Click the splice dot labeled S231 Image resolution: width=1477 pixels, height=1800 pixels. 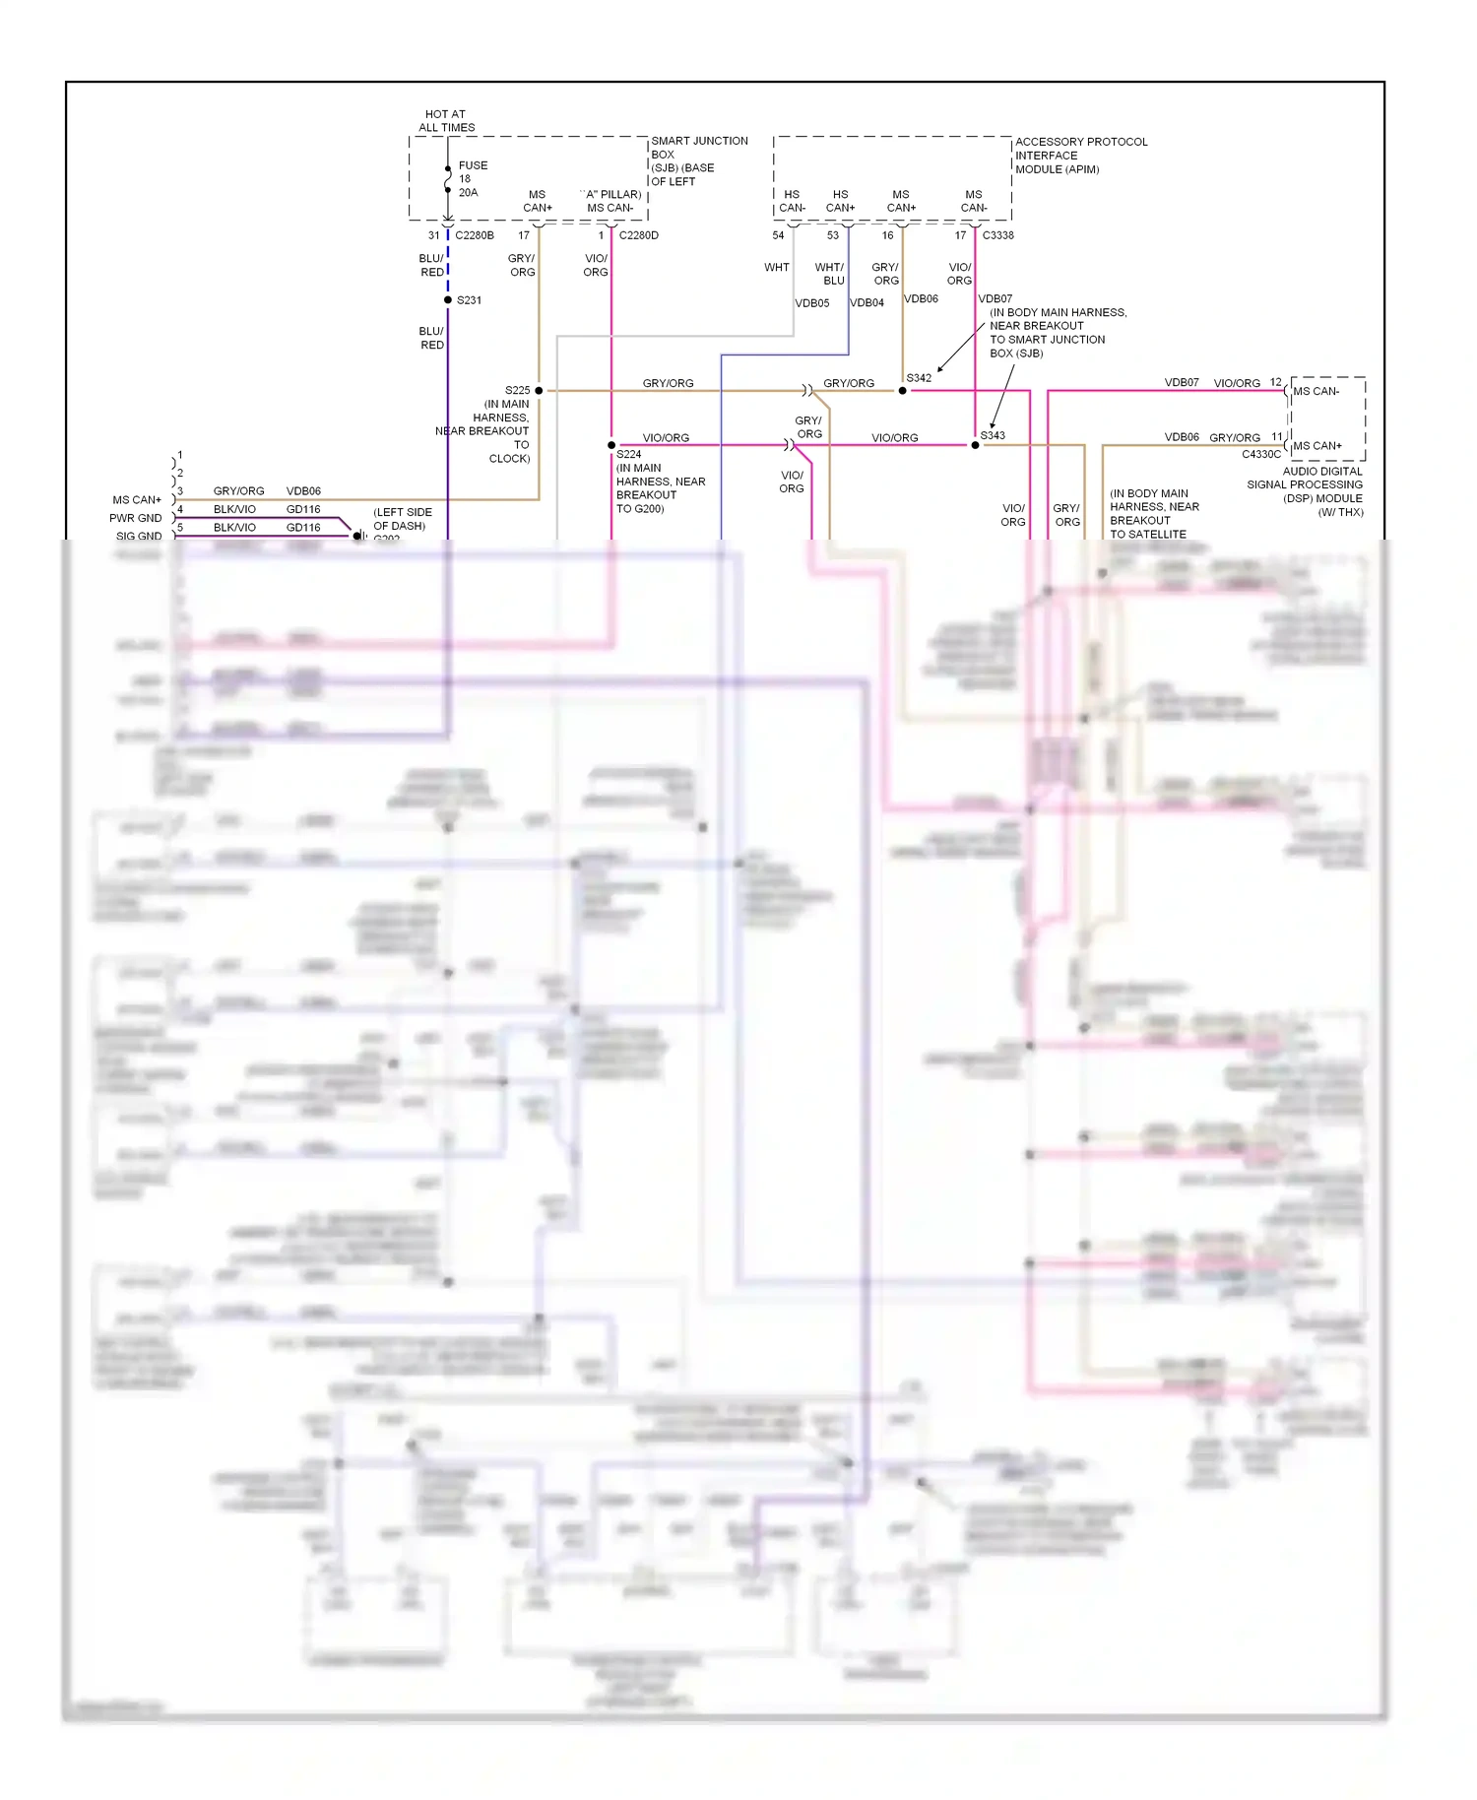(x=448, y=299)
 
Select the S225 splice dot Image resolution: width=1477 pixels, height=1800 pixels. (x=539, y=391)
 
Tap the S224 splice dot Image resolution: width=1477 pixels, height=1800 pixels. (x=611, y=445)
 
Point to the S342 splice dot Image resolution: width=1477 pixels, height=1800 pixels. (x=902, y=391)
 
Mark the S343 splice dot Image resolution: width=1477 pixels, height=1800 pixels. (x=975, y=445)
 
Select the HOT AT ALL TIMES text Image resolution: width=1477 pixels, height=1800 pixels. (x=446, y=121)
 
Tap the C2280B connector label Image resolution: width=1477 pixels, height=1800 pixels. (x=475, y=235)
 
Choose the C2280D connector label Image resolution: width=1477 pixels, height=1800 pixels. (x=638, y=235)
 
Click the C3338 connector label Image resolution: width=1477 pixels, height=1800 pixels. (x=997, y=235)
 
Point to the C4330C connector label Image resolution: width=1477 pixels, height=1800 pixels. (x=1261, y=455)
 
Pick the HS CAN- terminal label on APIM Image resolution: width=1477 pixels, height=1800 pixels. (x=792, y=201)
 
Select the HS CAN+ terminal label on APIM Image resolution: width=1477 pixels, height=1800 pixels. (x=840, y=201)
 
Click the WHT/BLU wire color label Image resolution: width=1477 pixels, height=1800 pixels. (x=830, y=274)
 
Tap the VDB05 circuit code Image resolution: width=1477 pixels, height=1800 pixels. (x=812, y=303)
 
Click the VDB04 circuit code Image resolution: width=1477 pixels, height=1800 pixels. (x=867, y=303)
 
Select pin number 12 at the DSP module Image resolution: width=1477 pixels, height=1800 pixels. (x=1276, y=382)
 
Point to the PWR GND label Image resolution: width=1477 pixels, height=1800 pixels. (x=136, y=518)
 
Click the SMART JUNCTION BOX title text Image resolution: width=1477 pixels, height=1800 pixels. (x=699, y=148)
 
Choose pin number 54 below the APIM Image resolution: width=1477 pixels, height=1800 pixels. (x=778, y=235)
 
